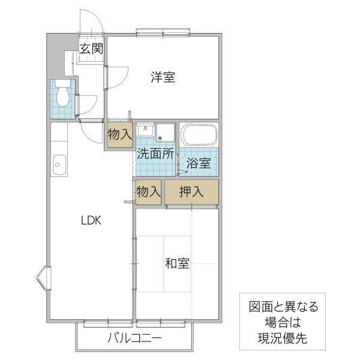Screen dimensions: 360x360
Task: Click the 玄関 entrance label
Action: pos(91,49)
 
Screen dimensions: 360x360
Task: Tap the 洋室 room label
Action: pos(163,77)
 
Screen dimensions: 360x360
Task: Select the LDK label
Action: pos(92,220)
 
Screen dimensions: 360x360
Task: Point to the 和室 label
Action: pos(178,263)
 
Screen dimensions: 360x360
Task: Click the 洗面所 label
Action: pos(155,153)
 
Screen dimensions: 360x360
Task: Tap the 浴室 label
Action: pos(198,163)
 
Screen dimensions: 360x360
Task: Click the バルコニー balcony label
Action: pos(134,338)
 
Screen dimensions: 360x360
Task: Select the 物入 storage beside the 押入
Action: pos(148,192)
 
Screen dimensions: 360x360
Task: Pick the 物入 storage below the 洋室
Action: pos(119,136)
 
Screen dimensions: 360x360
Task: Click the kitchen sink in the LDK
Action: pos(59,162)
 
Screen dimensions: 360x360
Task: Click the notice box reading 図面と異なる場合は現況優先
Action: pos(284,322)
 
